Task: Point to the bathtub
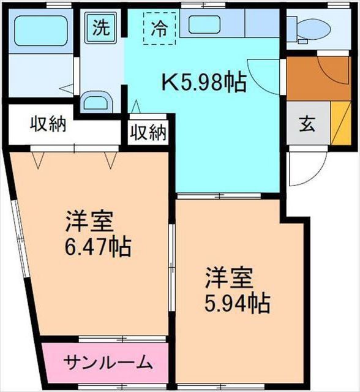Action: click(39, 30)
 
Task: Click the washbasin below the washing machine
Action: click(96, 102)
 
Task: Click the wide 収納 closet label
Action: click(48, 125)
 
